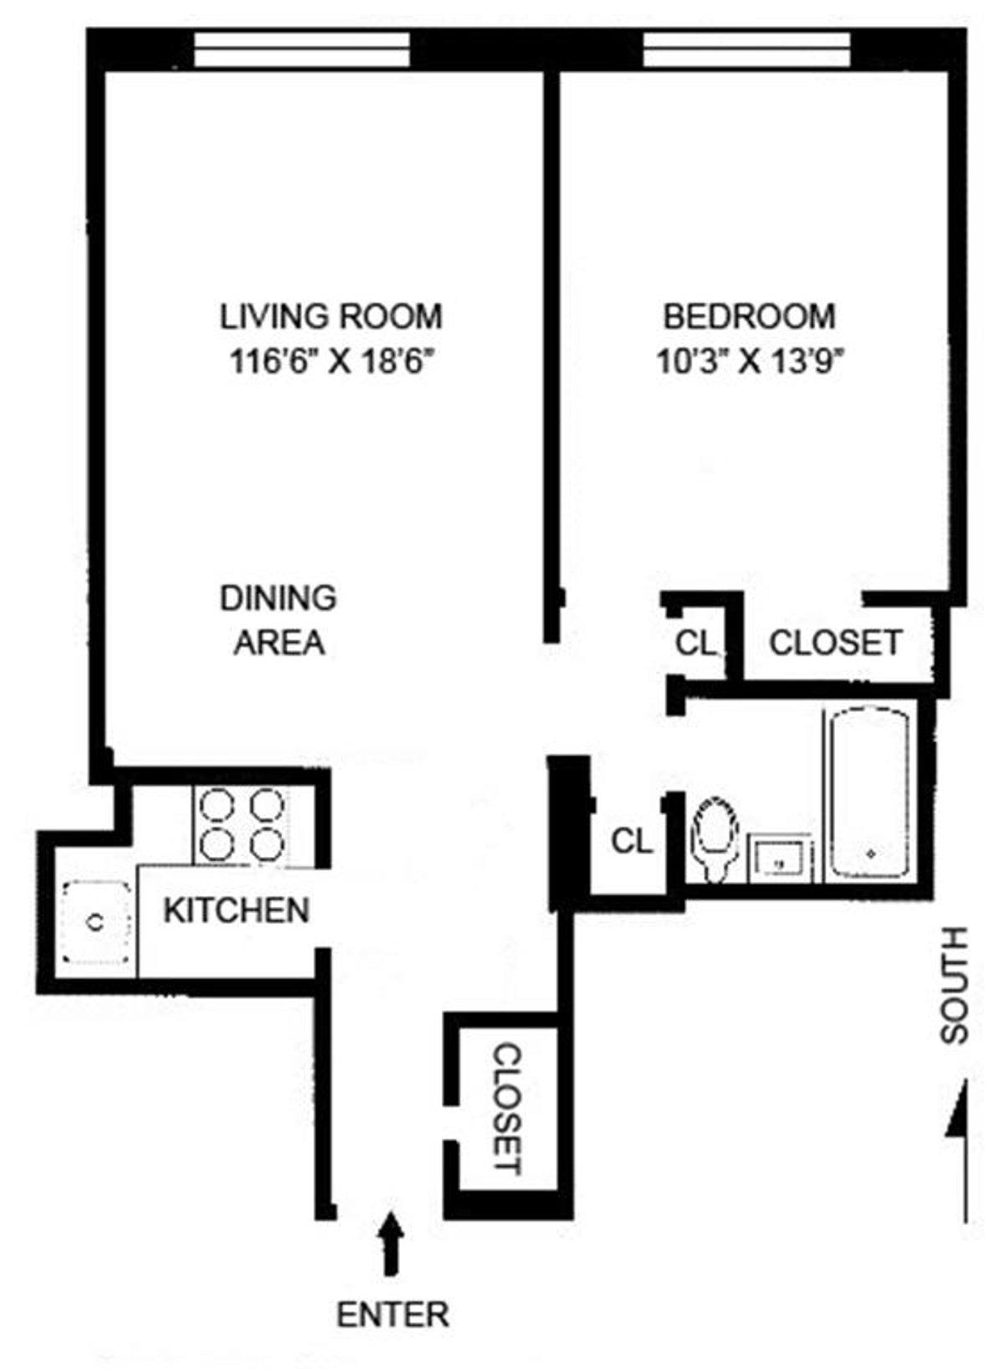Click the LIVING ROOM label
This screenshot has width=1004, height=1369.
(x=330, y=316)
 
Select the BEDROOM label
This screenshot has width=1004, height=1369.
(x=749, y=316)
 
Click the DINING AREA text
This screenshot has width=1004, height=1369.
(x=279, y=620)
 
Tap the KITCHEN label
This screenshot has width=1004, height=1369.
(x=236, y=910)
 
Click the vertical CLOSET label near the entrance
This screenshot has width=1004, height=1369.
(x=505, y=1108)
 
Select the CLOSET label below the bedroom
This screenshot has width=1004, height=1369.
(x=835, y=643)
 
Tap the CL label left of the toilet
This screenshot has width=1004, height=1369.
(x=632, y=841)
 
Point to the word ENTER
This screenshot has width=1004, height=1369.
(x=392, y=1315)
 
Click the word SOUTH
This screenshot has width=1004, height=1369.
(x=954, y=985)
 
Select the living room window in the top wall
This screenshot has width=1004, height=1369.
(x=302, y=49)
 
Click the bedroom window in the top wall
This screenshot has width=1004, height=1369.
(x=746, y=49)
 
